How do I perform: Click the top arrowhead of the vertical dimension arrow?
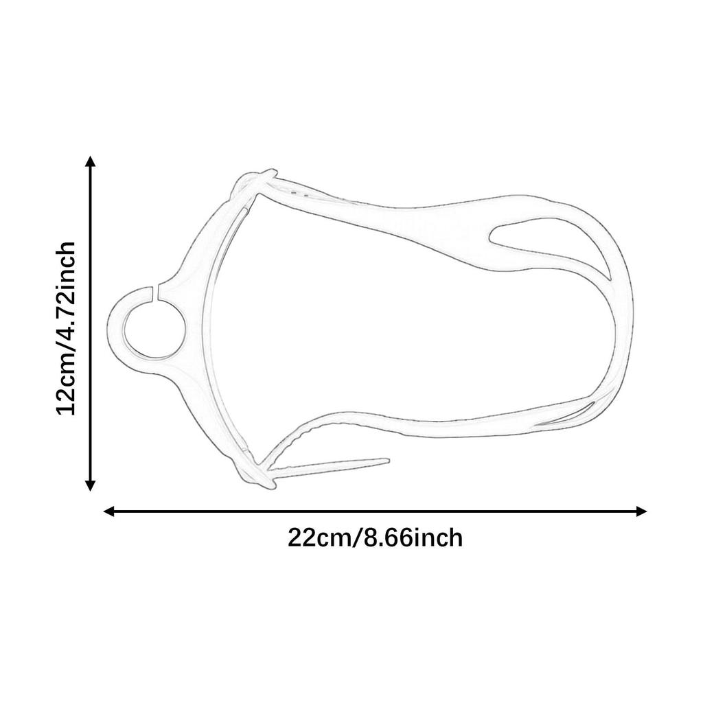click(x=90, y=162)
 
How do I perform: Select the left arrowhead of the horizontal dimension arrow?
click(x=108, y=511)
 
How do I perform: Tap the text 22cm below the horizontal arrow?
click(x=319, y=538)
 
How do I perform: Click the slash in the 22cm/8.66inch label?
click(x=357, y=538)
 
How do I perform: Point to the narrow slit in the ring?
click(x=158, y=291)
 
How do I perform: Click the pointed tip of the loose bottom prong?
click(x=387, y=461)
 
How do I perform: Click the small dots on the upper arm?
click(x=299, y=194)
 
